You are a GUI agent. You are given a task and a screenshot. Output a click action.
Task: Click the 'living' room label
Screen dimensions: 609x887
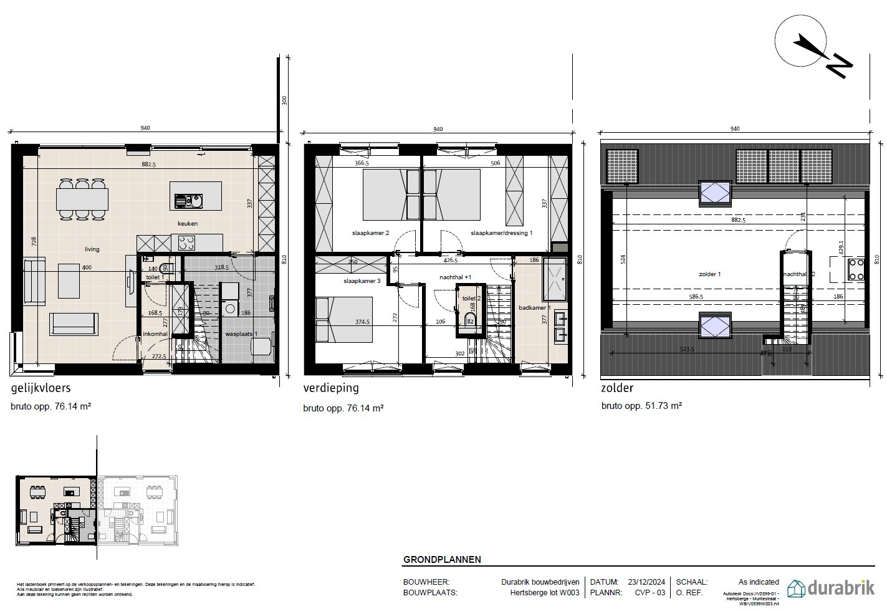92,249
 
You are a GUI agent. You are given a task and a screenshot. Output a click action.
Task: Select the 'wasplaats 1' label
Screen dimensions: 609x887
241,334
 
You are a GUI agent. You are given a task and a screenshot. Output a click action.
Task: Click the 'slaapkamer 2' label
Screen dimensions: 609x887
370,233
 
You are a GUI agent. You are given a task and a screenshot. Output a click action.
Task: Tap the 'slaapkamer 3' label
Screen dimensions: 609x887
362,281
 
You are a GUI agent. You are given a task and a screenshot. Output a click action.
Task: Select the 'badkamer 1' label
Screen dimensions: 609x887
535,308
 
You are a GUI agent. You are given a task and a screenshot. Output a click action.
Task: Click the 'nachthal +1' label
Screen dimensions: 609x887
455,277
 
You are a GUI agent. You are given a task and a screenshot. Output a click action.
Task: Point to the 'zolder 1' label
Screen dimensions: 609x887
709,274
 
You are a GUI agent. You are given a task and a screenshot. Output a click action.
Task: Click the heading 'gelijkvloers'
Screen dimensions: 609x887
41,388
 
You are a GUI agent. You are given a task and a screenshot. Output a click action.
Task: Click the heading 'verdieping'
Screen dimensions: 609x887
331,388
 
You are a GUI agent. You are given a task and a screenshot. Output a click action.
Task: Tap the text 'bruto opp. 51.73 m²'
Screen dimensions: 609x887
641,405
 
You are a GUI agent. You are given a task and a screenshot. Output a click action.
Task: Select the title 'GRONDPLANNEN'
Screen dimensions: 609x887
442,559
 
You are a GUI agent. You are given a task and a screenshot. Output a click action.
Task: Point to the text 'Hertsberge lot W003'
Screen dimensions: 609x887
545,593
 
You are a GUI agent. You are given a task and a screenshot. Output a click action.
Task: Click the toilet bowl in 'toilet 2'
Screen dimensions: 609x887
471,321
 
